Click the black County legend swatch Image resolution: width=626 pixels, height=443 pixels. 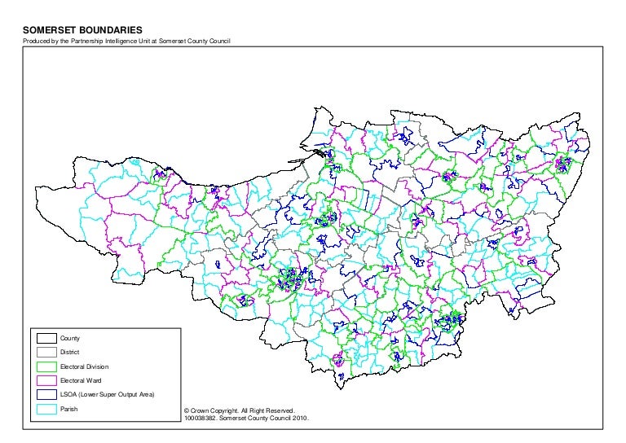coord(46,338)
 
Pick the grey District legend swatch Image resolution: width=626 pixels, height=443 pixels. coord(46,353)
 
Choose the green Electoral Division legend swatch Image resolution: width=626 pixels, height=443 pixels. coord(46,366)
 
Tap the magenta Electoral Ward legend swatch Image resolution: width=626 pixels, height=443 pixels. coord(46,381)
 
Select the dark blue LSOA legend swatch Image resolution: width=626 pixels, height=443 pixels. coord(46,395)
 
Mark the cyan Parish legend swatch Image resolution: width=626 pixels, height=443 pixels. coord(46,409)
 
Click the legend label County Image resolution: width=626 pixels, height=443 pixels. coord(71,338)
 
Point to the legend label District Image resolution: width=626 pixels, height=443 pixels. coord(71,353)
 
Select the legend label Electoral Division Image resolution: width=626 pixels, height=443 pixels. coord(85,366)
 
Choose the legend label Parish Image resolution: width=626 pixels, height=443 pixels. coord(69,409)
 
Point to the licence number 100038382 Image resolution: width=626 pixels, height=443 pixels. coord(201,419)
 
